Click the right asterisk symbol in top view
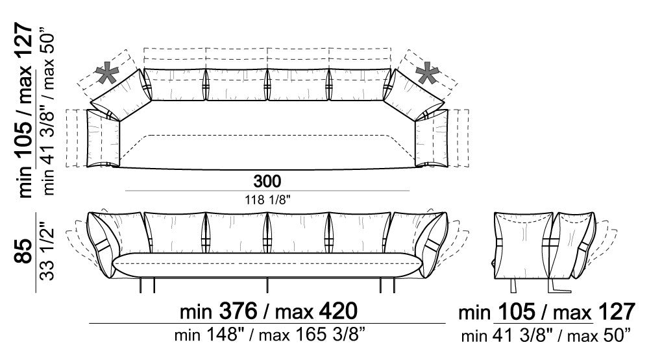pos(427,75)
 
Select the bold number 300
pos(267,180)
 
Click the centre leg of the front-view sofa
pos(267,284)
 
